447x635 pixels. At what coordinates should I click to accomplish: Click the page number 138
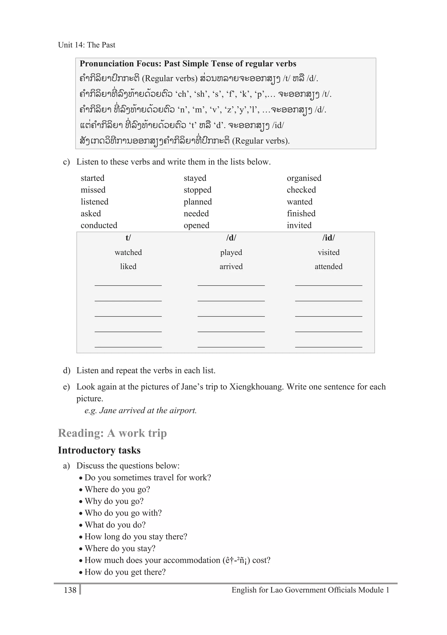pos(70,590)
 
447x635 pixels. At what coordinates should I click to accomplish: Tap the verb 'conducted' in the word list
pos(99,225)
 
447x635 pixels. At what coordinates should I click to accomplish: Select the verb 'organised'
pos(304,178)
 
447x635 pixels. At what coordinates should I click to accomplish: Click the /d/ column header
pos(231,238)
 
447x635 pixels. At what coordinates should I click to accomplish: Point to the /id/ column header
pos(328,238)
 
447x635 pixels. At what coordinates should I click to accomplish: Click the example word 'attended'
pos(328,267)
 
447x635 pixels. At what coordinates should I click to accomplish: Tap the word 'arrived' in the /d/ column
pos(231,267)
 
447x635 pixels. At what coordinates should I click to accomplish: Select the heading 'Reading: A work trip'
pos(112,433)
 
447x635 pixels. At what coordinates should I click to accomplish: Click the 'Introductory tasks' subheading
pos(99,450)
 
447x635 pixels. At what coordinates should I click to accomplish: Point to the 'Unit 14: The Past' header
pos(86,45)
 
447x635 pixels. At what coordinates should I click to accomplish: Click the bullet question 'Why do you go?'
pos(114,501)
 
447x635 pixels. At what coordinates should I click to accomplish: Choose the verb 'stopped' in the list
pos(197,190)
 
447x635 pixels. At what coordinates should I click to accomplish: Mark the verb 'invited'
pos(299,225)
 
